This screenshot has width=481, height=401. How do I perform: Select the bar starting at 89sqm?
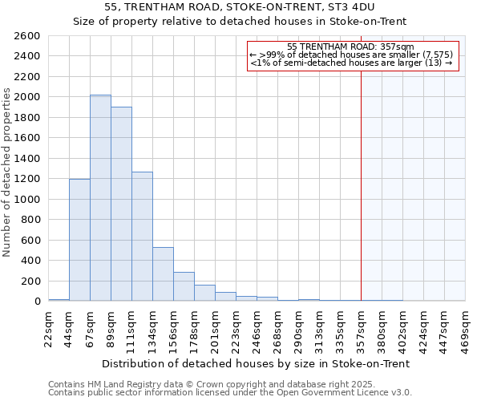tap(121, 204)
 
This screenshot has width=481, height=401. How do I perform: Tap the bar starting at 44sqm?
tap(79, 240)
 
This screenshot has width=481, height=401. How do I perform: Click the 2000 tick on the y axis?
tap(29, 97)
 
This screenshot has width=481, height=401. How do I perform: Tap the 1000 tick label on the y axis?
tap(29, 199)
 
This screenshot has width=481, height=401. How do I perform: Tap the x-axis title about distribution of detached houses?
tap(257, 363)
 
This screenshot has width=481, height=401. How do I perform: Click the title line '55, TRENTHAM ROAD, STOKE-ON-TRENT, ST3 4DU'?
tap(240, 7)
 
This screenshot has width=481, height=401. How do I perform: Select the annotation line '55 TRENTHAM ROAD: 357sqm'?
tap(350, 47)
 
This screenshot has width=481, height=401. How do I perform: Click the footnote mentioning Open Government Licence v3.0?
tap(230, 393)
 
